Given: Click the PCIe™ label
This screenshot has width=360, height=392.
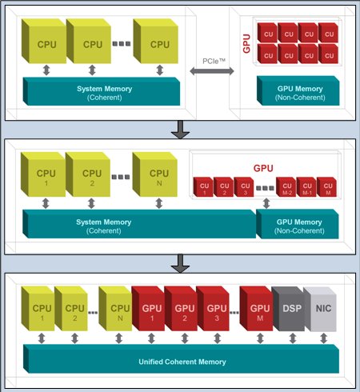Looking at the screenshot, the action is [x=214, y=62].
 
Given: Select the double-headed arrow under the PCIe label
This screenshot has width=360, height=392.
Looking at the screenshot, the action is [x=212, y=71].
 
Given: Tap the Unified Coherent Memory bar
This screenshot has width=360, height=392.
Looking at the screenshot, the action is [x=182, y=358].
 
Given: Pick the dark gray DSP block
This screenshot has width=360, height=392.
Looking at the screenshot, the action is [x=288, y=309].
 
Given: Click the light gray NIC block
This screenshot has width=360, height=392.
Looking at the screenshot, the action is [x=320, y=309].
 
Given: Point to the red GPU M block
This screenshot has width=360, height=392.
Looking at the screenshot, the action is [x=256, y=309].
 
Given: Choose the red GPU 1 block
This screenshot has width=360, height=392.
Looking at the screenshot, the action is [x=148, y=309].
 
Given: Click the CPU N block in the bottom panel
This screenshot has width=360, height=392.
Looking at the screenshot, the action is [x=115, y=309].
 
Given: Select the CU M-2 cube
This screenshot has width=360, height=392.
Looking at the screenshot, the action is [x=286, y=187].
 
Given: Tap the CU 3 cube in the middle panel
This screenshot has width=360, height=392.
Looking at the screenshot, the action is [x=244, y=187].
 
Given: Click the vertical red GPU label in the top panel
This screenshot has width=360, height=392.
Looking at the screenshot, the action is [x=246, y=43].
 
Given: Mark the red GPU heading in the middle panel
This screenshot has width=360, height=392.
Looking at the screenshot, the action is [x=263, y=168].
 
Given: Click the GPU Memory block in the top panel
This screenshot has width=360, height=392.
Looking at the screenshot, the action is [x=298, y=90].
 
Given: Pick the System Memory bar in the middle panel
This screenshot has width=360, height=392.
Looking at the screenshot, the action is [x=139, y=224].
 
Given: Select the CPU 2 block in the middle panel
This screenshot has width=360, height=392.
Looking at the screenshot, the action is [x=88, y=174].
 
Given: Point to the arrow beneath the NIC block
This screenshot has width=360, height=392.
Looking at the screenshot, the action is [x=324, y=338].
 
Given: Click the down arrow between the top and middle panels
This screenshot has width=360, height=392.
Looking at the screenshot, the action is [x=180, y=130].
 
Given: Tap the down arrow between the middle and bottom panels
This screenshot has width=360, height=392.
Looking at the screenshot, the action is [x=180, y=263].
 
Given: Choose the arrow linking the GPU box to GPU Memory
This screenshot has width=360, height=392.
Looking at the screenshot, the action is [x=266, y=203].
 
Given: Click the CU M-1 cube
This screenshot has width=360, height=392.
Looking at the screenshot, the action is [x=306, y=187].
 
